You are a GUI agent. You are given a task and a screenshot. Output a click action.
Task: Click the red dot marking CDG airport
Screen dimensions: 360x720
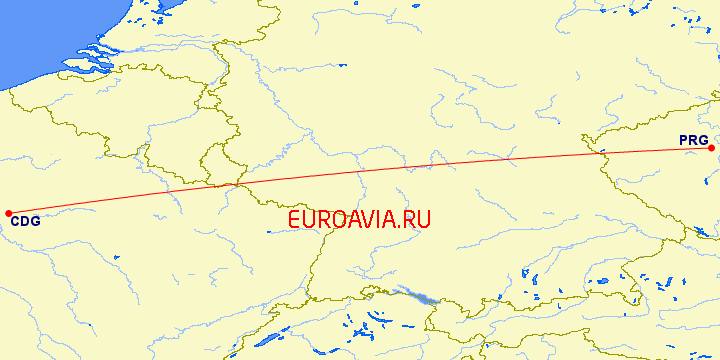click(8, 213)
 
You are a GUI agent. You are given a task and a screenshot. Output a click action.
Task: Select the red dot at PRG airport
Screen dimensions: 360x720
click(711, 148)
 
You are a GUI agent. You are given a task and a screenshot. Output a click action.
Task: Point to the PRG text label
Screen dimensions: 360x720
click(693, 140)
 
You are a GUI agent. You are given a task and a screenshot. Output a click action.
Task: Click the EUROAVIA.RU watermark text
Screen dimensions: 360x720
click(359, 220)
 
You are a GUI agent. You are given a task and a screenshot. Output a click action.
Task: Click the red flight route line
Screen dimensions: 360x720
click(400, 169)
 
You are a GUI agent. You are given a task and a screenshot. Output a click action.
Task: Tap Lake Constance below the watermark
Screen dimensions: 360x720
click(421, 296)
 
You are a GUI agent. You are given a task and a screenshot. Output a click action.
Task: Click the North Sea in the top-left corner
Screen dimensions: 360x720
click(40, 30)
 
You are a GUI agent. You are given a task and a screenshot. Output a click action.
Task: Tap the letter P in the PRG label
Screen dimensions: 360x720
click(684, 140)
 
